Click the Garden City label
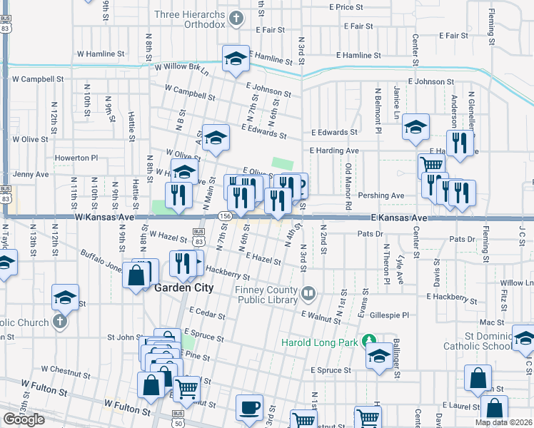point(184,287)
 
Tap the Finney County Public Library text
point(266,295)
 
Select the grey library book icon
point(308,292)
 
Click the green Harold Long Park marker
point(368,340)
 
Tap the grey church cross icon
point(59,321)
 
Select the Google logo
point(24,419)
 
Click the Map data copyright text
point(503,422)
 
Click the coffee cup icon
point(249,407)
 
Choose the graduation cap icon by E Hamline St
point(235,59)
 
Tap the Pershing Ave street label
point(382,195)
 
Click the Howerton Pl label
point(76,157)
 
